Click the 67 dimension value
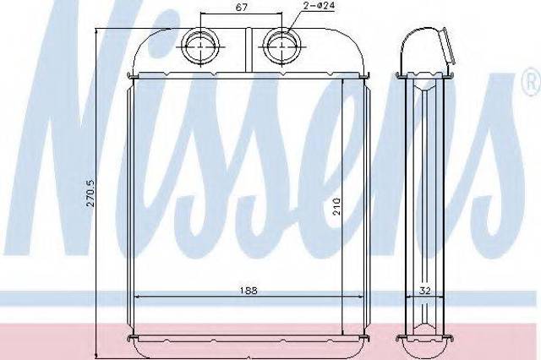(x=241, y=8)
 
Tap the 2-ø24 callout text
(x=320, y=6)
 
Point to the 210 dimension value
(x=336, y=206)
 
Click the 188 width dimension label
(x=249, y=291)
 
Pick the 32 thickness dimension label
(x=425, y=291)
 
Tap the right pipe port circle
(x=281, y=46)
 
